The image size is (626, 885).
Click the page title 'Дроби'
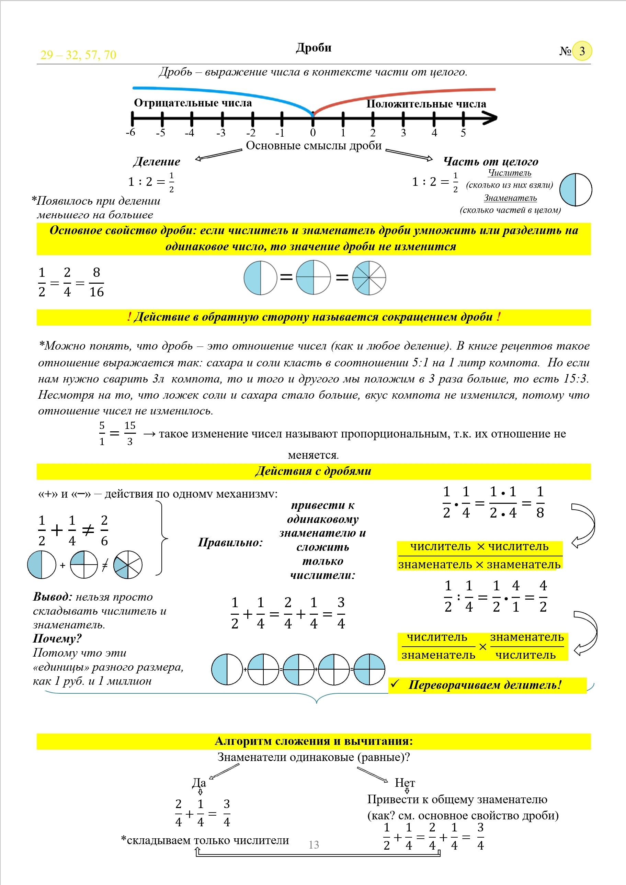point(314,47)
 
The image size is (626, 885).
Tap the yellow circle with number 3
point(582,51)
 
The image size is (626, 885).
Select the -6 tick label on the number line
point(131,132)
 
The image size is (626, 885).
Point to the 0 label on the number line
point(312,133)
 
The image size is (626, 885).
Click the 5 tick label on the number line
point(463,133)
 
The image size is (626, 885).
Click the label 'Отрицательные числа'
point(193,103)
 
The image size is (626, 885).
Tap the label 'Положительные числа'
point(426,104)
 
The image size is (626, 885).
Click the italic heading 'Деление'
point(157,161)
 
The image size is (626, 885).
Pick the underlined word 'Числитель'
point(509,173)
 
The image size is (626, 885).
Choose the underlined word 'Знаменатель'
point(510,198)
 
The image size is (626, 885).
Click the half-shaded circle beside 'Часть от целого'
point(575,189)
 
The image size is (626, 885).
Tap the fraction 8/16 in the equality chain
point(96,282)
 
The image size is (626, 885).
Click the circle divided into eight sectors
point(369,278)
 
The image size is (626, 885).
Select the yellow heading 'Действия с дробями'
point(313,471)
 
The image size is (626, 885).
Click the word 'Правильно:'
point(230,542)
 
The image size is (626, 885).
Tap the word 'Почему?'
point(57,639)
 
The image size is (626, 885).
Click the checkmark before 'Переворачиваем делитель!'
point(395,684)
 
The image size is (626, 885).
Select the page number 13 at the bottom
point(314,844)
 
